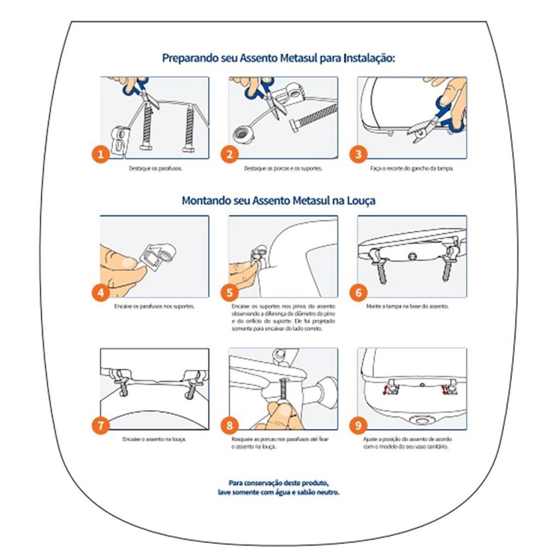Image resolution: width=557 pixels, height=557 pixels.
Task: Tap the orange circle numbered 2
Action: (x=230, y=154)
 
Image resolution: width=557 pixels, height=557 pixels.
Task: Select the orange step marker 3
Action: (x=358, y=154)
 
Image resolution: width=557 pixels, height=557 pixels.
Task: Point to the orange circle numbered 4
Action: (x=100, y=293)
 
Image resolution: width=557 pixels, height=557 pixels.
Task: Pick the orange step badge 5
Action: (x=230, y=293)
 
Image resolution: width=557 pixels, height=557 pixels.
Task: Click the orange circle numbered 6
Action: (x=358, y=293)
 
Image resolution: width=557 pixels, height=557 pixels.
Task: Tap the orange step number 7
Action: (x=100, y=425)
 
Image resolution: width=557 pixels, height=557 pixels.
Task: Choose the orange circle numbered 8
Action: (x=230, y=425)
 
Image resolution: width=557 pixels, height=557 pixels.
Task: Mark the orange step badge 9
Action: (x=358, y=425)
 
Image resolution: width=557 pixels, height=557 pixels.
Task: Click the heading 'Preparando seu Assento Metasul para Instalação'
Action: (x=278, y=58)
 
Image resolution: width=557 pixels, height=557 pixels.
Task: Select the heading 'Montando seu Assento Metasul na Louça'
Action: (x=278, y=200)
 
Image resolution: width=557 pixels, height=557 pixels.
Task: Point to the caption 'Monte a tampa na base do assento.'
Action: (x=407, y=307)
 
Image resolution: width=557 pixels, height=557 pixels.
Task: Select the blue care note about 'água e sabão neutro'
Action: (x=278, y=487)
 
